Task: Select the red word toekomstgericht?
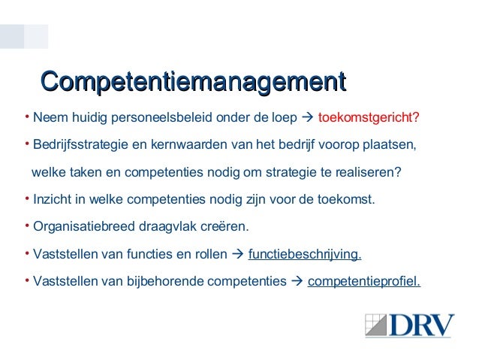(x=369, y=118)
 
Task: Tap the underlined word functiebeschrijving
(x=304, y=254)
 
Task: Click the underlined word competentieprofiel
(x=364, y=282)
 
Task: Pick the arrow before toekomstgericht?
(x=307, y=118)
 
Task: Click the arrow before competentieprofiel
(x=297, y=282)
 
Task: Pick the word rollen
(x=209, y=254)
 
